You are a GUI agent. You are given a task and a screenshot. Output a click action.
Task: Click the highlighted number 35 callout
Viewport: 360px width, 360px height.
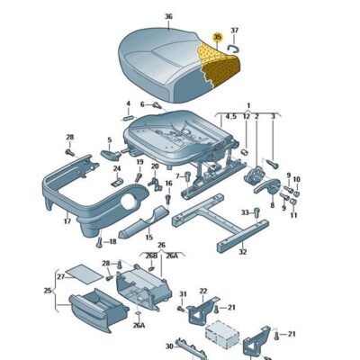tap(217, 38)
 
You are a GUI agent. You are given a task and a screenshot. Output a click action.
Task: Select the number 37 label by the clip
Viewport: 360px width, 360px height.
tap(235, 30)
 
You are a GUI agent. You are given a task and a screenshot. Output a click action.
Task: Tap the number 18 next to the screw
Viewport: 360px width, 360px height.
tap(112, 241)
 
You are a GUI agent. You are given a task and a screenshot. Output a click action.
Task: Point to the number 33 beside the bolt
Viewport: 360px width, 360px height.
tap(244, 212)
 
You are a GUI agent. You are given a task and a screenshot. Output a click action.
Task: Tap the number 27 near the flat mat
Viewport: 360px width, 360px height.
tap(60, 276)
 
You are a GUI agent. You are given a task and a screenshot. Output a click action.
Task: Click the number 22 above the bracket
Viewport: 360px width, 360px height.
tap(203, 290)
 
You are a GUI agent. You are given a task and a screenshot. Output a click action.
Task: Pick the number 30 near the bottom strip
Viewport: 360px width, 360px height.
tap(167, 346)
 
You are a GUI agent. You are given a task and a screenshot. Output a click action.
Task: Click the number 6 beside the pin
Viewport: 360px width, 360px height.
tap(141, 103)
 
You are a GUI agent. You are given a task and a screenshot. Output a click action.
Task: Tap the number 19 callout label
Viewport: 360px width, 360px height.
tap(139, 162)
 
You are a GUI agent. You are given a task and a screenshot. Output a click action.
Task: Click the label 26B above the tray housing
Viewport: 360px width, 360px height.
tap(151, 255)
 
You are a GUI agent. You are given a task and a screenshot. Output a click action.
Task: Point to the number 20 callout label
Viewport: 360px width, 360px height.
tap(155, 166)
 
